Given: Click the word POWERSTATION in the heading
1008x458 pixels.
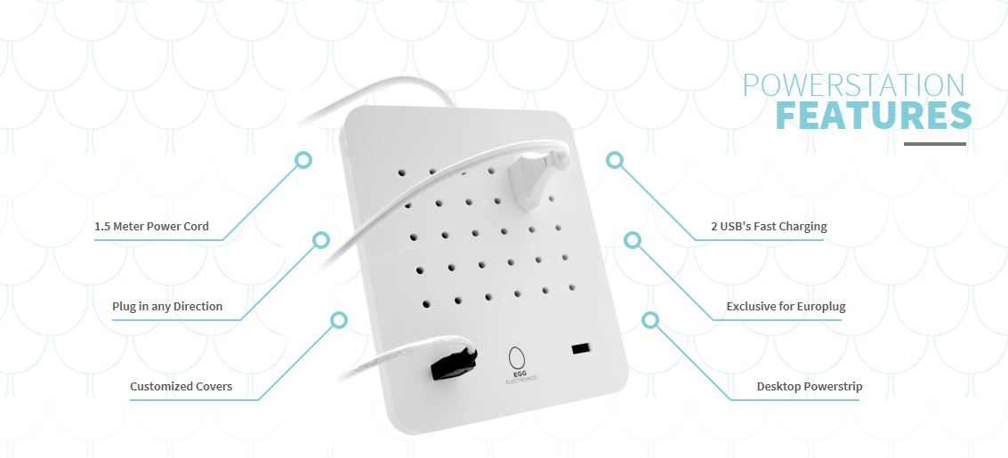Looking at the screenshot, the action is click(854, 85).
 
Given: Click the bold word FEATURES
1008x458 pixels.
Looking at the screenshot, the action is click(873, 116).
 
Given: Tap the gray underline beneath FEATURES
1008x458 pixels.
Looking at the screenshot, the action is click(935, 144).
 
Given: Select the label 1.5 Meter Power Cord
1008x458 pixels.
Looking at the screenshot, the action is click(152, 227).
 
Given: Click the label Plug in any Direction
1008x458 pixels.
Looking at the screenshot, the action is click(167, 307).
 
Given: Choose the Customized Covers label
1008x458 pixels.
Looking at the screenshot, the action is click(181, 387).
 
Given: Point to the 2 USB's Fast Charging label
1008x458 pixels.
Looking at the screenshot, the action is click(769, 226).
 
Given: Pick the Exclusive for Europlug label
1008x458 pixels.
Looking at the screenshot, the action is click(786, 307).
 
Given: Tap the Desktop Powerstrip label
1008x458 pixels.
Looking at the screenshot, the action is click(810, 387).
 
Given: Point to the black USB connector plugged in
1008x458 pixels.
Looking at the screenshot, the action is click(453, 362).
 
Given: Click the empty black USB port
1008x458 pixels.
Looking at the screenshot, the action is click(581, 349).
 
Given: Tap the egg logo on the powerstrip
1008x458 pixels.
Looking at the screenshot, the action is click(516, 358).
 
